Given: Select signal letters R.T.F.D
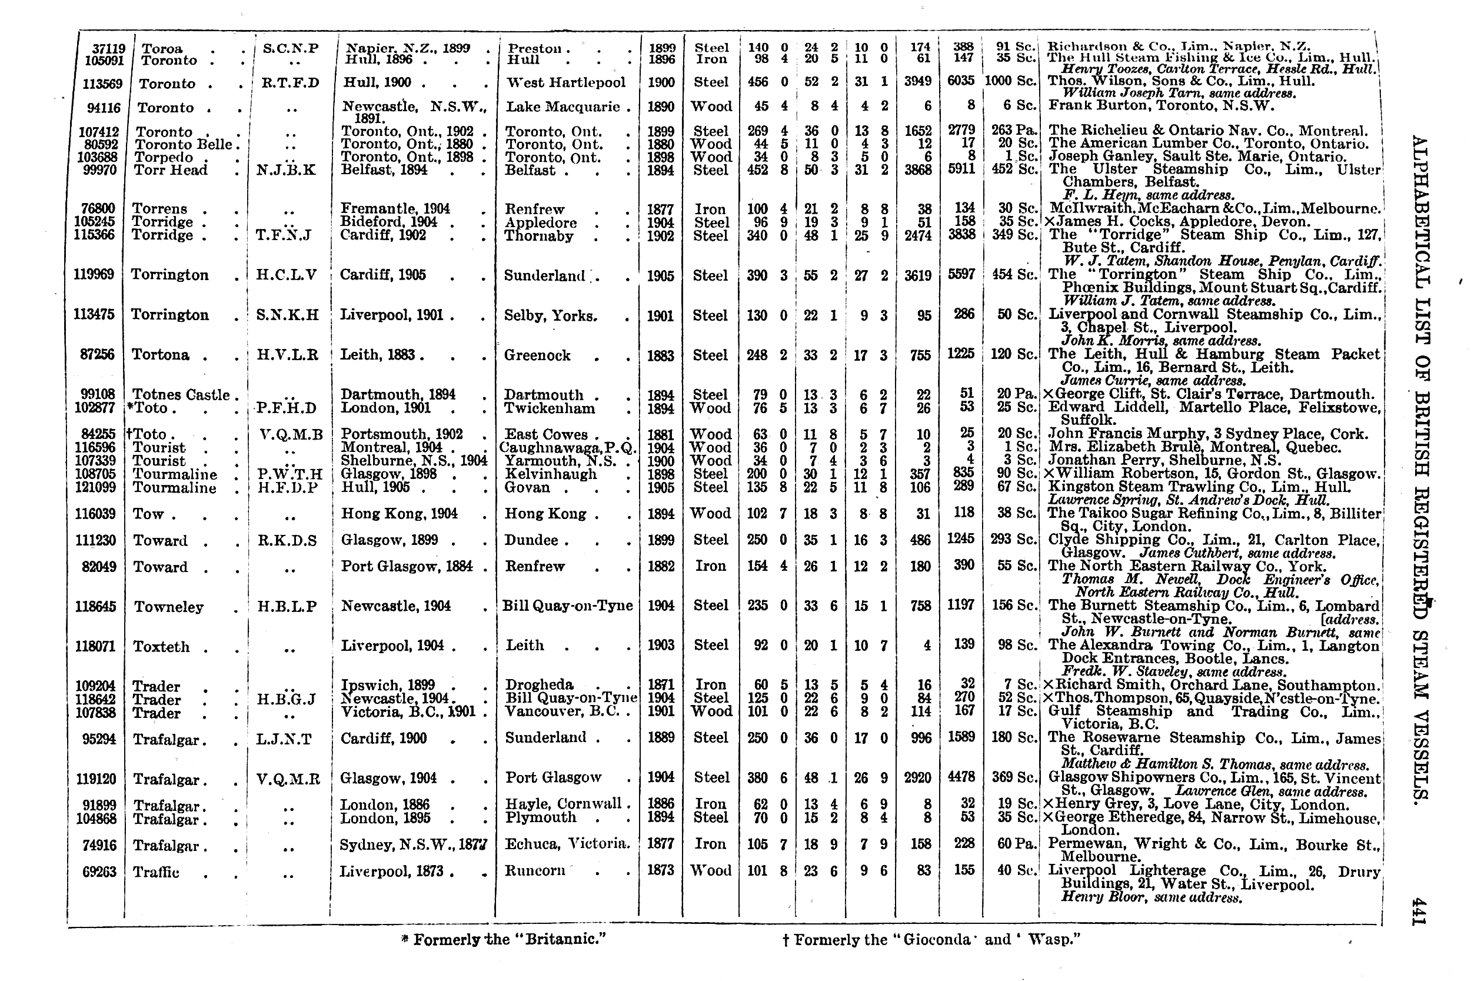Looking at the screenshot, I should tap(290, 83).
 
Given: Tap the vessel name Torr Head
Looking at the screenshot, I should tap(171, 170).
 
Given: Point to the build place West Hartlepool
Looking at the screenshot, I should tap(565, 82).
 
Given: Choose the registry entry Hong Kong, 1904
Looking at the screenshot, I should tap(399, 514).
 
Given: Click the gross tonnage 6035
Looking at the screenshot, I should tap(961, 81).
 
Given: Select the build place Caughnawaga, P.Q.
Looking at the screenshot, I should tap(568, 448).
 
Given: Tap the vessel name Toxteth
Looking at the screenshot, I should tap(161, 647).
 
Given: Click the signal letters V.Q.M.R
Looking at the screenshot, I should tap(288, 779).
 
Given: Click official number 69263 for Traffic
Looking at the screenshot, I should tap(99, 872).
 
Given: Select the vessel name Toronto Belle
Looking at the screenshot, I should tap(181, 145).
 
